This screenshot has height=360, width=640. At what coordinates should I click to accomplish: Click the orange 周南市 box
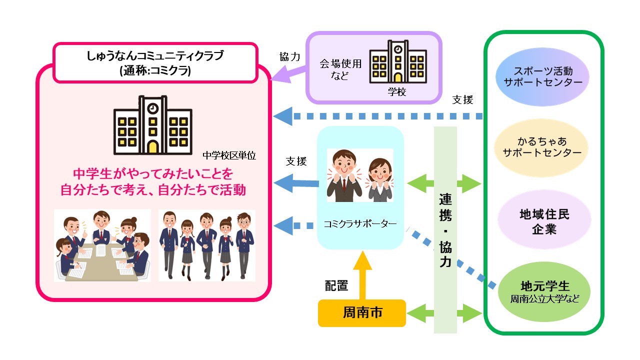click(x=362, y=313)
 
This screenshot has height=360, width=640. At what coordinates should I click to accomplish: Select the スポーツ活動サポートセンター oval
click(x=542, y=76)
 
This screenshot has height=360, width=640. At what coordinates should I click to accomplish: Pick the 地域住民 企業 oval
click(x=542, y=222)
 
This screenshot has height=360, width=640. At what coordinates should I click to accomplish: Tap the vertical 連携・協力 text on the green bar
click(x=445, y=230)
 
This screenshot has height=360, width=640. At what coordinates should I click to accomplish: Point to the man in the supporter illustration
click(x=344, y=175)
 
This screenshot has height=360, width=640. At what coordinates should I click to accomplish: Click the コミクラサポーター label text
click(x=360, y=224)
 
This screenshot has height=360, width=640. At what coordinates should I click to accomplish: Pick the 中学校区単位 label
click(x=229, y=155)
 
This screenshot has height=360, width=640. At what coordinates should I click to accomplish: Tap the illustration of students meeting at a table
click(x=102, y=245)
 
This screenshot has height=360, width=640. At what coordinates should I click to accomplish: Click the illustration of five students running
click(x=206, y=245)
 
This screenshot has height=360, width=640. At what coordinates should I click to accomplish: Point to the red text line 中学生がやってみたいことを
click(x=153, y=174)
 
